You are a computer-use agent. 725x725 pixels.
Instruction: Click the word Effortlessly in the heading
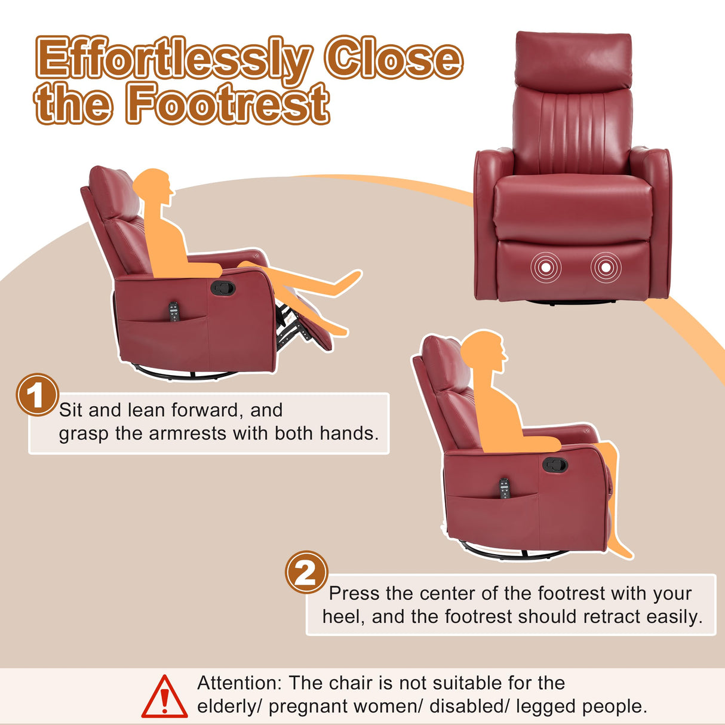tap(173, 59)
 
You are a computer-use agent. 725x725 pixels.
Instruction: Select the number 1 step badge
tap(36, 395)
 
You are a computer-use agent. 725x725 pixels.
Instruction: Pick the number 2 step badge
tap(306, 572)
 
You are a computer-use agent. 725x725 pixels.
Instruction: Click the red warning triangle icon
tap(164, 697)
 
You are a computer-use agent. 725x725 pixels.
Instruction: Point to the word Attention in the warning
tap(238, 683)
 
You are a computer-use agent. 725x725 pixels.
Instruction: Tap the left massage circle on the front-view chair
tap(546, 268)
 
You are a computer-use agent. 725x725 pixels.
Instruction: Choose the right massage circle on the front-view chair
tap(606, 268)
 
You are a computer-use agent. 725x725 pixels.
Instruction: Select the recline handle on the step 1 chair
tap(223, 288)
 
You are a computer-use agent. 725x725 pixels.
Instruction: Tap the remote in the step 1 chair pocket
tap(174, 312)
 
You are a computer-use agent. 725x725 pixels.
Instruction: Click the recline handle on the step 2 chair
tap(555, 464)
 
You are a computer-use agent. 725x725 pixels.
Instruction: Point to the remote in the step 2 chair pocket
tap(505, 488)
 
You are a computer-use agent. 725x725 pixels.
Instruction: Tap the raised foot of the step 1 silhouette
tap(349, 279)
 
